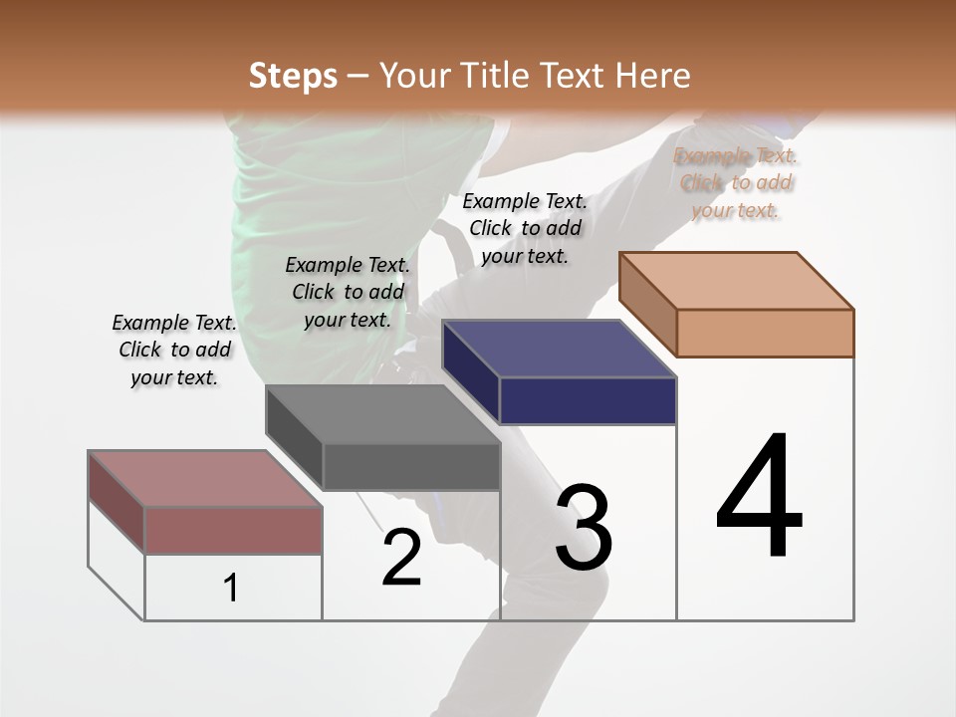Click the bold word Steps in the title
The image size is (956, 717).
[x=292, y=76]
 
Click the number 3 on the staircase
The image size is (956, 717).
[x=584, y=529]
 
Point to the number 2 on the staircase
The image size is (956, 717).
[x=401, y=558]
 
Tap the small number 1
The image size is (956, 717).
[x=231, y=589]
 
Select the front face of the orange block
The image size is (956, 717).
[x=765, y=333]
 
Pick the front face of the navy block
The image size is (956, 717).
[x=588, y=400]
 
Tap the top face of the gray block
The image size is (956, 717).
[x=382, y=413]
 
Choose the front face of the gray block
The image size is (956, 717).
[x=411, y=466]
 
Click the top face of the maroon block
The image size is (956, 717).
[x=205, y=478]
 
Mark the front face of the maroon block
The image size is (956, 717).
[x=233, y=530]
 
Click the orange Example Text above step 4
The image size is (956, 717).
[x=735, y=182]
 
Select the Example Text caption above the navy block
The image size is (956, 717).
[x=525, y=228]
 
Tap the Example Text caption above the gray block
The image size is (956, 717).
[x=348, y=292]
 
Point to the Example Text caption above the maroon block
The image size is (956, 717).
[x=174, y=350]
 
